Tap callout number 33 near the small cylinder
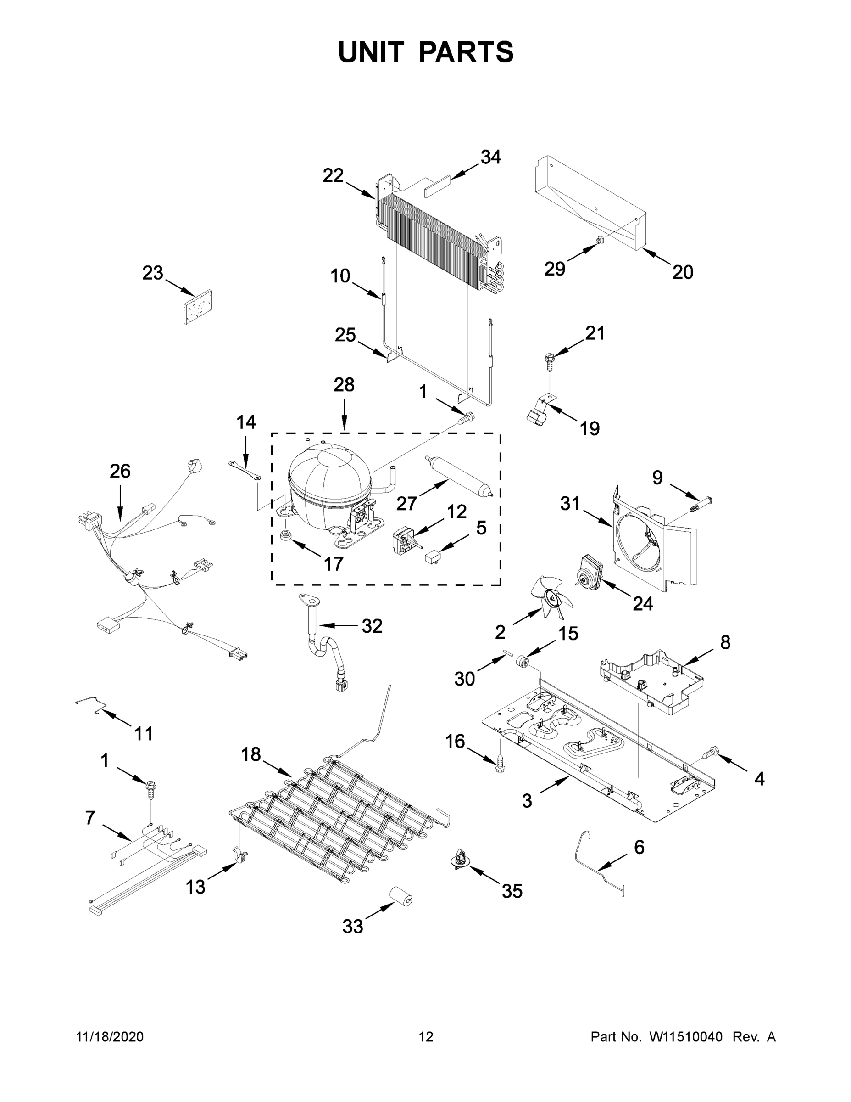352,927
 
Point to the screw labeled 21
550,359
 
